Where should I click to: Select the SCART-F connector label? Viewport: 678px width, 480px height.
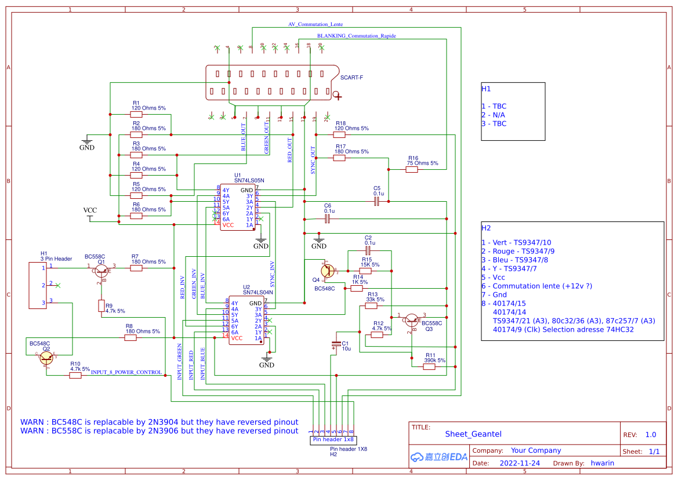tap(351, 77)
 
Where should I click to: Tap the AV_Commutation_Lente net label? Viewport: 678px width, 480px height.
tap(315, 25)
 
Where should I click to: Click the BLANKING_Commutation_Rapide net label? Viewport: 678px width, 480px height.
tap(357, 36)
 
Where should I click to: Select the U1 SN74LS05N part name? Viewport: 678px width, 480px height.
tap(249, 180)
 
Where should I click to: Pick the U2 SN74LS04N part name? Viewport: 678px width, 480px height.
tap(258, 293)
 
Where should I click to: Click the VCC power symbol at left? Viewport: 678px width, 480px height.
tap(90, 215)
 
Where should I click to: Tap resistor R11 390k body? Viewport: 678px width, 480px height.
tap(430, 366)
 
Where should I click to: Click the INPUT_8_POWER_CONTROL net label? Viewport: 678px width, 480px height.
tap(126, 372)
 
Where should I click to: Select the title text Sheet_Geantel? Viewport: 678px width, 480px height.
tap(473, 434)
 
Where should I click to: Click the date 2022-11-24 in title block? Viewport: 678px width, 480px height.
tap(520, 463)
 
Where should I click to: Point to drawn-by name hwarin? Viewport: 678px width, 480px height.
tap(602, 463)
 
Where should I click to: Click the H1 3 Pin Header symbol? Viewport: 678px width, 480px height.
tap(38, 285)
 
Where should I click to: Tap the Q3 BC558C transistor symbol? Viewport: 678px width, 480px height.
tap(412, 319)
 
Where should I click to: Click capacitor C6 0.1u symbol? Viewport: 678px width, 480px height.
tap(327, 219)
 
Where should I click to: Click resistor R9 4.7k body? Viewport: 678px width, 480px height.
tap(101, 306)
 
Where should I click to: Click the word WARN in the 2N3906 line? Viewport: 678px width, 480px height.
tap(33, 431)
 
